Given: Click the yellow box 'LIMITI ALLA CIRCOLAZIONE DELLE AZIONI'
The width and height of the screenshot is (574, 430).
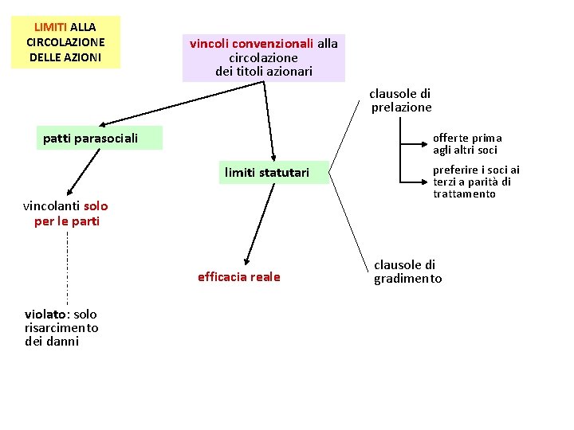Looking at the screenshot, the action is (65, 41).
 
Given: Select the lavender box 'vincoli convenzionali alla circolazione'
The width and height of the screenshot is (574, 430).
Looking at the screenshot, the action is (264, 57).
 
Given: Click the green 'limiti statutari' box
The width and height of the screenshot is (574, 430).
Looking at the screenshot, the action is (266, 172).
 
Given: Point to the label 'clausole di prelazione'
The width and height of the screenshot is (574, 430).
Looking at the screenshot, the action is (401, 100).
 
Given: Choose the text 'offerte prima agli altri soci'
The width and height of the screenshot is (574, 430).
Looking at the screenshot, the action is (467, 143).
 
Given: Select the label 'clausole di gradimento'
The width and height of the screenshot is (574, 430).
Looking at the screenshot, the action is (407, 272).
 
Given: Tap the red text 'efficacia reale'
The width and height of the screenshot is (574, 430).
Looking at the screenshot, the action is (239, 277).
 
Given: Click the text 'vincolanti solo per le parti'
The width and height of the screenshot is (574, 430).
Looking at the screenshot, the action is (67, 213).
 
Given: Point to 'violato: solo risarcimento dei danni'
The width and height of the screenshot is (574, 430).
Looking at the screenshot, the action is (61, 328).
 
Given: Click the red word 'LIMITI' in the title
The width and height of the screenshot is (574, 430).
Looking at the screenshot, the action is (50, 27).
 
